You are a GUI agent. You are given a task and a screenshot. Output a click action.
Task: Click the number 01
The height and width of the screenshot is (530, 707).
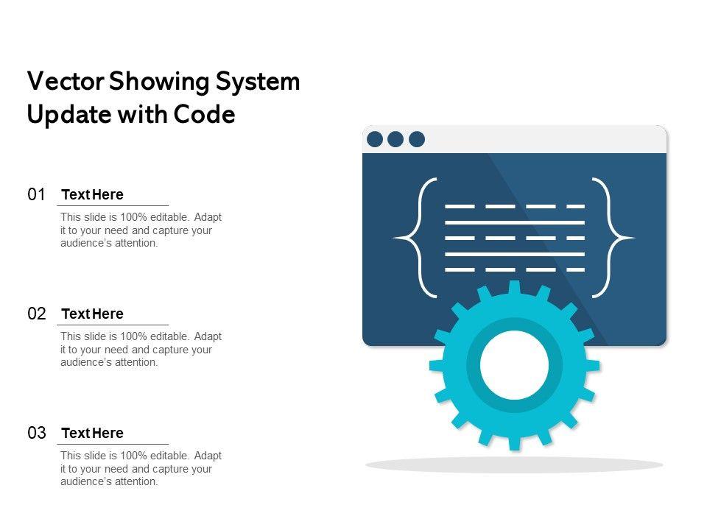[37, 195]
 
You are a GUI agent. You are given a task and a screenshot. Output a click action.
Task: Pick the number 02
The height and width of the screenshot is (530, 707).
[37, 314]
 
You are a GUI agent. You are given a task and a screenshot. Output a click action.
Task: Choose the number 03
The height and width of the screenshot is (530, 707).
[37, 434]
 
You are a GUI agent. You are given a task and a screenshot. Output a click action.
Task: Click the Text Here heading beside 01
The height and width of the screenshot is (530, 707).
[93, 195]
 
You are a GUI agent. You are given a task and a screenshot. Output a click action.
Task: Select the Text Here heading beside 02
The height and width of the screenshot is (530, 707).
[93, 314]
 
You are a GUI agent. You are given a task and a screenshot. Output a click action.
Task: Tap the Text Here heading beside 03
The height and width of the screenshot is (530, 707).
[93, 434]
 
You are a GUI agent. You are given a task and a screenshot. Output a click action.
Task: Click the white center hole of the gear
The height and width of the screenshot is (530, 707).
[515, 365]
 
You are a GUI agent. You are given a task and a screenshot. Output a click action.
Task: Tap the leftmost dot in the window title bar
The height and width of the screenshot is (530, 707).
[375, 139]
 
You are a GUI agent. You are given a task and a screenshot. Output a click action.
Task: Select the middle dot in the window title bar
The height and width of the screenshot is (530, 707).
[395, 139]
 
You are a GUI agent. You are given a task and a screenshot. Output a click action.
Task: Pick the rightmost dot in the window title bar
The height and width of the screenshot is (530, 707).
[417, 139]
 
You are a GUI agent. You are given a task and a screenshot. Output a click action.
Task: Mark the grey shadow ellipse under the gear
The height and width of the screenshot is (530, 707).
[514, 464]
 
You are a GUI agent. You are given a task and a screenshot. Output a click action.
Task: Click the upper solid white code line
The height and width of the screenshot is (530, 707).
[515, 222]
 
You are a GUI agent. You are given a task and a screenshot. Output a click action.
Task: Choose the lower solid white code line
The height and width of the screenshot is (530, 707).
[515, 254]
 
